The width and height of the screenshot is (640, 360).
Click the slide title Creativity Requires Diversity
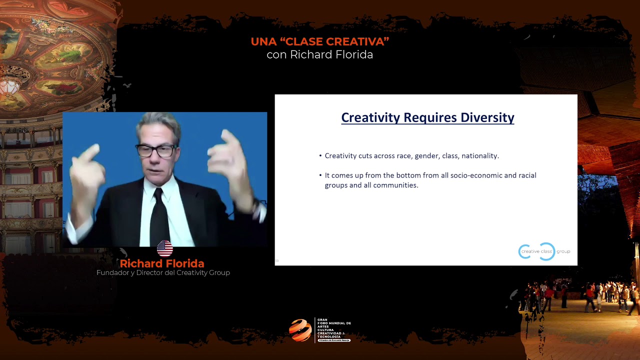click(x=427, y=117)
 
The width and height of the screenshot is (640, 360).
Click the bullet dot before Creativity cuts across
click(x=320, y=156)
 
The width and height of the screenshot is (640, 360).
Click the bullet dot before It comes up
click(x=320, y=175)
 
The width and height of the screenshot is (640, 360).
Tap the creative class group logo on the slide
click(x=544, y=251)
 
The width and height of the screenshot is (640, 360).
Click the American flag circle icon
click(x=164, y=248)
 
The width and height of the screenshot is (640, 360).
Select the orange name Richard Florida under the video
click(x=162, y=263)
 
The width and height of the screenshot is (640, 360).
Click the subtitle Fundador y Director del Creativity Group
click(x=163, y=273)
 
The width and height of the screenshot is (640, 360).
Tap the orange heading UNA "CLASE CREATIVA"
click(x=320, y=42)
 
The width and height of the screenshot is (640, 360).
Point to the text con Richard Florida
click(x=320, y=55)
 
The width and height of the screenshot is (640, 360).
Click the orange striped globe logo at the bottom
click(x=300, y=330)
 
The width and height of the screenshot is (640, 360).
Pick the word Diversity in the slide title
click(x=487, y=117)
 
